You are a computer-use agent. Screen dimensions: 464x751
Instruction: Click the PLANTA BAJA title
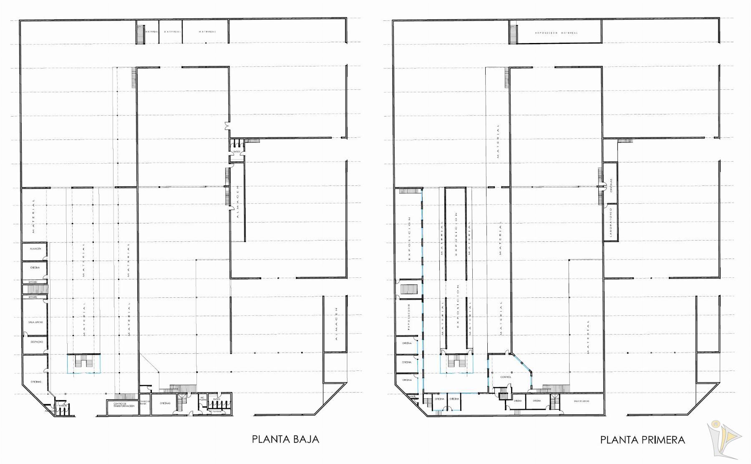(x=285, y=439)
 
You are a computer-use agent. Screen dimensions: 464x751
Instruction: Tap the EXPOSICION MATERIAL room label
(x=557, y=33)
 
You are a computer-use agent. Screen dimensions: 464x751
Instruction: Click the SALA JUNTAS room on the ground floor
(x=35, y=322)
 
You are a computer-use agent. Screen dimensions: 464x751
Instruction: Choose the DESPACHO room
(x=35, y=342)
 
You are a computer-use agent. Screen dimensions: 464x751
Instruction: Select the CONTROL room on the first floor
(x=505, y=377)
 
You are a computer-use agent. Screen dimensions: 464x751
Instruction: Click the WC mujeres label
(x=203, y=398)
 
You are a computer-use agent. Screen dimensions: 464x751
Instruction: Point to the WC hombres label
(x=214, y=411)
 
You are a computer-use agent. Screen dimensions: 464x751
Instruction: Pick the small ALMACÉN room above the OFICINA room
(x=35, y=249)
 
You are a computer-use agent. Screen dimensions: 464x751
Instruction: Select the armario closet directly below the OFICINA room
(x=33, y=282)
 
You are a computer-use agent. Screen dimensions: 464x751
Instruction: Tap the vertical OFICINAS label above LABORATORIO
(x=610, y=185)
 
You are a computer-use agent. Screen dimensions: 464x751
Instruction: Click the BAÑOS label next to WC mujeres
(x=217, y=399)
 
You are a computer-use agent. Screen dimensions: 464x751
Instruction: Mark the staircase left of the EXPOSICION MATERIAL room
(x=514, y=33)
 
